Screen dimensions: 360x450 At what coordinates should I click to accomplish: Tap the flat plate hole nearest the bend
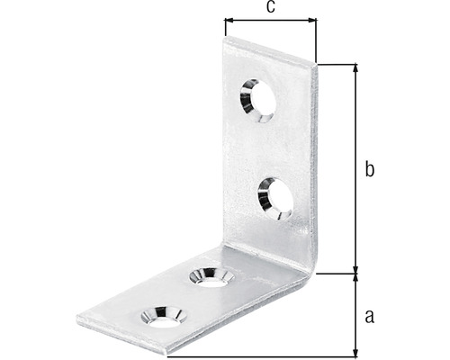pos(210,275)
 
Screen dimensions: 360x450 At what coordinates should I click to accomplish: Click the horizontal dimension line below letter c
pos(270,19)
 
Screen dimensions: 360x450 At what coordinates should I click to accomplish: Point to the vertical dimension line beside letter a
pos(356,315)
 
